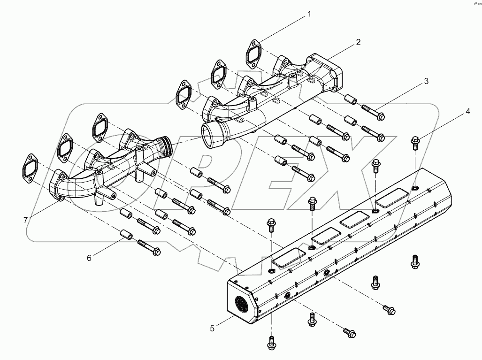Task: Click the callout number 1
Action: click(x=309, y=14)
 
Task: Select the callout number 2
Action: click(x=358, y=42)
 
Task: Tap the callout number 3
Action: click(x=426, y=81)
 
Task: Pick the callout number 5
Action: click(x=212, y=329)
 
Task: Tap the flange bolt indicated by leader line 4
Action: click(x=415, y=141)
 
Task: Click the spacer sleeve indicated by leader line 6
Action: click(x=127, y=234)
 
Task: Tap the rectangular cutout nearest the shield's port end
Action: click(x=289, y=258)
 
